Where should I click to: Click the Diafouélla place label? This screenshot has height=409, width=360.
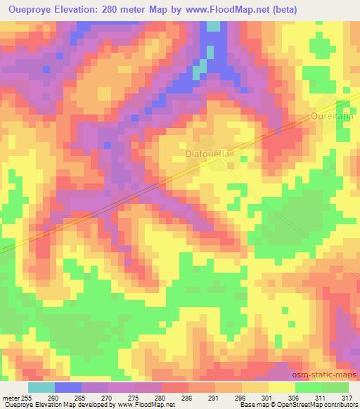[x=207, y=152]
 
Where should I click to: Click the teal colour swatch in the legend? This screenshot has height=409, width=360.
[x=41, y=387]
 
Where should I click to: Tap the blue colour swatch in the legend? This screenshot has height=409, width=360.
[x=67, y=387]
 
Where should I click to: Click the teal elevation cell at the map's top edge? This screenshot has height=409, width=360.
[x=213, y=27]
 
